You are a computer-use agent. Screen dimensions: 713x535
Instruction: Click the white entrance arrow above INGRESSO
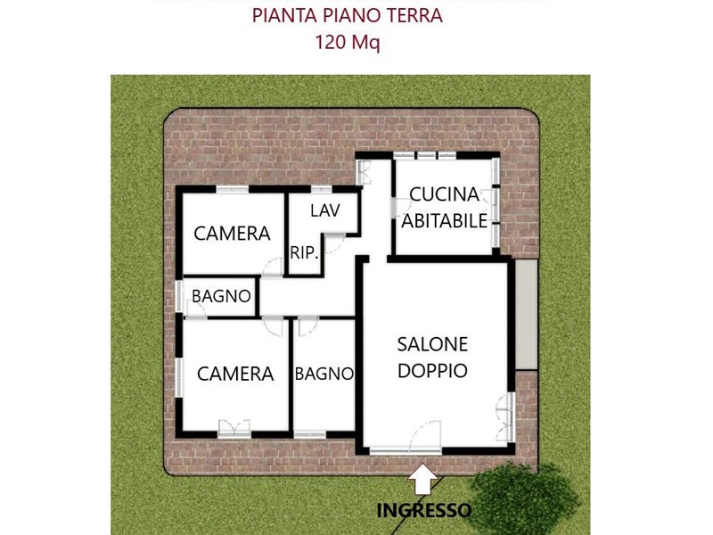click(422, 479)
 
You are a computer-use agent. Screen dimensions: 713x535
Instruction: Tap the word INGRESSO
click(424, 510)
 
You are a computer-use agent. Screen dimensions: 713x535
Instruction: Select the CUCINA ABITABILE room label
click(444, 208)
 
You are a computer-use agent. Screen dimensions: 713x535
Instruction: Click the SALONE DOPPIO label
click(432, 358)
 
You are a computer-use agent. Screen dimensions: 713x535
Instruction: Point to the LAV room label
click(325, 210)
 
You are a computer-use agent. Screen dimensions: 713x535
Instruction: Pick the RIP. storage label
click(304, 253)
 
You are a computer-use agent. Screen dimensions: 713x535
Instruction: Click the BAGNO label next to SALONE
click(324, 374)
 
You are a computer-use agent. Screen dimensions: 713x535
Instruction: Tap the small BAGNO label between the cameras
click(221, 296)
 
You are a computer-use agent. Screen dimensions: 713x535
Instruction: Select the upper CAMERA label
click(232, 234)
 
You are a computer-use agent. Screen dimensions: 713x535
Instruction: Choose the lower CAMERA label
click(235, 374)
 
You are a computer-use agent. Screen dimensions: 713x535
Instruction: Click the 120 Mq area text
click(348, 42)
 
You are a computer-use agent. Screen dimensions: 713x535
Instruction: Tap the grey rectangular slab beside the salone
click(527, 315)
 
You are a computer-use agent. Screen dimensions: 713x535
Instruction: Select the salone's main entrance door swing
click(426, 436)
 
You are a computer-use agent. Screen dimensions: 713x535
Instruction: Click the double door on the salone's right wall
click(505, 417)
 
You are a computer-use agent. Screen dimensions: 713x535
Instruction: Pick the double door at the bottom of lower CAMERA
click(234, 429)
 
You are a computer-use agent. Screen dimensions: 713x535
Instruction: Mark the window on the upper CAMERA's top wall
click(233, 189)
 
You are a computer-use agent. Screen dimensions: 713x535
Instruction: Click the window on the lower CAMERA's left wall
click(179, 377)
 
